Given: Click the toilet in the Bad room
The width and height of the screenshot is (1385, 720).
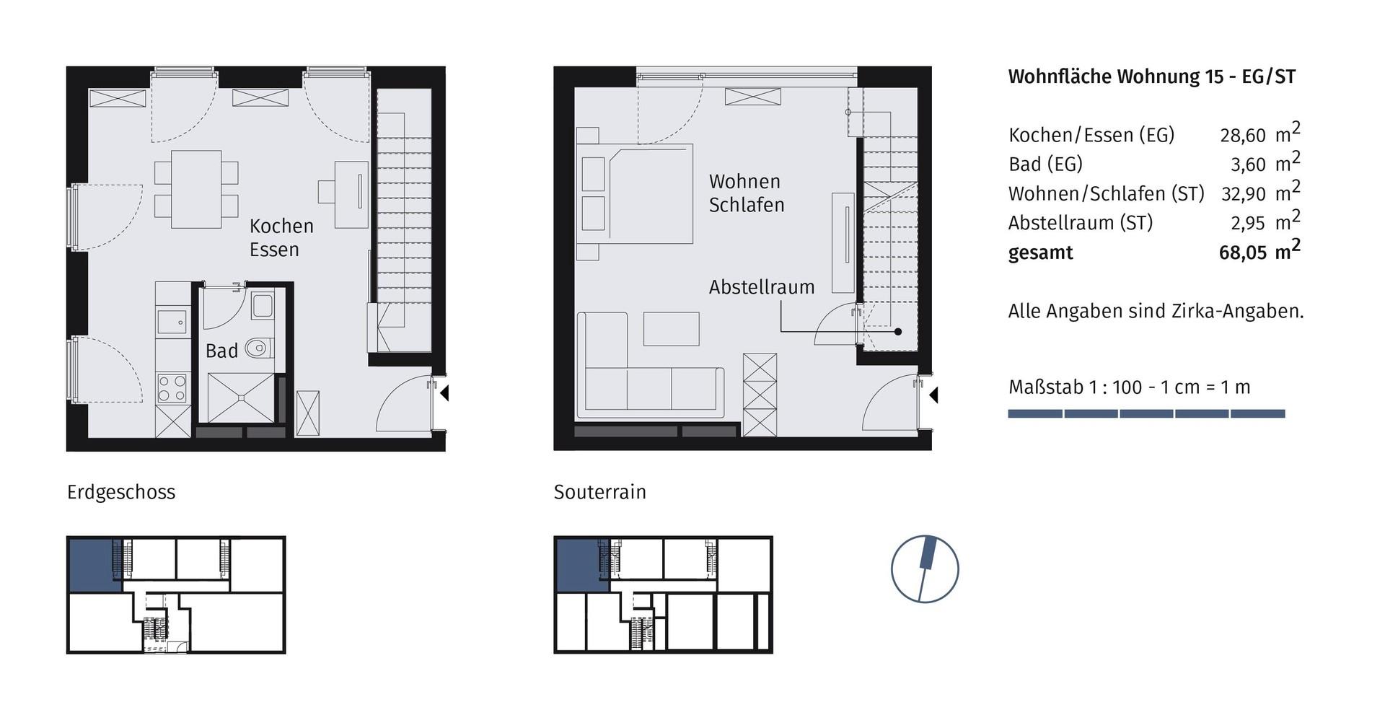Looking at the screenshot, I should [x=258, y=348].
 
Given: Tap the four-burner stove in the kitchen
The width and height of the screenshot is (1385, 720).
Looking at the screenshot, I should [x=172, y=388].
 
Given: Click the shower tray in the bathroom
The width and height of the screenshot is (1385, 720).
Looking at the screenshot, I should [x=240, y=397].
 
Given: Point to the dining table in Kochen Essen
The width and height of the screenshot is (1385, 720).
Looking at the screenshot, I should [x=196, y=189].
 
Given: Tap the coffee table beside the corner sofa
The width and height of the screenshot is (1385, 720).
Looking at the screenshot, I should [x=671, y=329].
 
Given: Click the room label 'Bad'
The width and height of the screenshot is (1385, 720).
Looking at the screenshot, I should [x=221, y=351].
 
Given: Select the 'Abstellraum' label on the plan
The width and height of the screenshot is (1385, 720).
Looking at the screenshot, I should [x=761, y=287].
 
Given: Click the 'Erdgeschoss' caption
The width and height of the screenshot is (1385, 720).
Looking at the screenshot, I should [x=121, y=492].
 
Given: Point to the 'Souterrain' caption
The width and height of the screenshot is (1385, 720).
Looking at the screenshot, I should [x=599, y=492].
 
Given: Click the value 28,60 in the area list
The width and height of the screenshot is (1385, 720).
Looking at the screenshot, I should [x=1242, y=136].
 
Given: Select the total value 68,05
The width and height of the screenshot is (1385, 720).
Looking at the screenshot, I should [x=1242, y=253].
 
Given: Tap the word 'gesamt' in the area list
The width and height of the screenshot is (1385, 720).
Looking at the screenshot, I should [x=1040, y=253].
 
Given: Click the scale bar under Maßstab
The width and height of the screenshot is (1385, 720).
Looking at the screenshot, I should [x=1146, y=414].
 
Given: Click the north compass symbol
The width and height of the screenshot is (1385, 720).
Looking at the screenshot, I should [x=925, y=569].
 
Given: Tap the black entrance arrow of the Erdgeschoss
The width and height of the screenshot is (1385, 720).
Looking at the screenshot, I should [x=444, y=393].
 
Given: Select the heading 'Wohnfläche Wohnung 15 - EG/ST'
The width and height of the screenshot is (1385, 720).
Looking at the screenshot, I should [x=1151, y=77].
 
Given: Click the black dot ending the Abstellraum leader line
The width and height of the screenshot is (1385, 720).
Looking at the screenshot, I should [x=898, y=332].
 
